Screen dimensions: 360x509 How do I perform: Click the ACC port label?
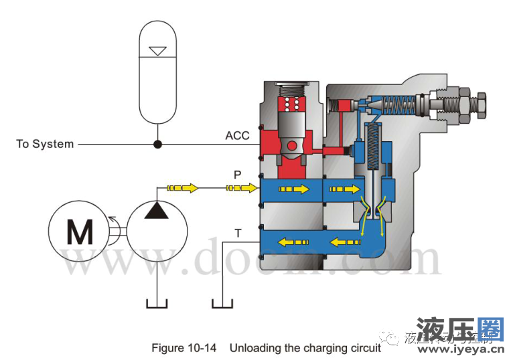[237, 136]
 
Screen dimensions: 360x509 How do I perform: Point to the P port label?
[237, 175]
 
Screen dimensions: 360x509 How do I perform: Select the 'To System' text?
[45, 144]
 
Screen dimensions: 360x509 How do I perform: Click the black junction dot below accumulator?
[157, 144]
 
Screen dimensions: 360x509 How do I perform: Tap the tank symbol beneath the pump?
[157, 304]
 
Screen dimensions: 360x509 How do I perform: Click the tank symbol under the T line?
[222, 304]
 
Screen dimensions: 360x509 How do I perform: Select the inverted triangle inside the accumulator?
[157, 51]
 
